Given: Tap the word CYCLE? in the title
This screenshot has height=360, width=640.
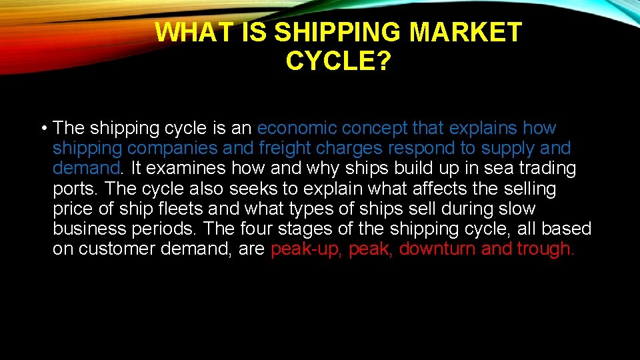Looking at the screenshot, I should coord(338,61).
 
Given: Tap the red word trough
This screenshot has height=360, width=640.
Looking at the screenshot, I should coord(545,249).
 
